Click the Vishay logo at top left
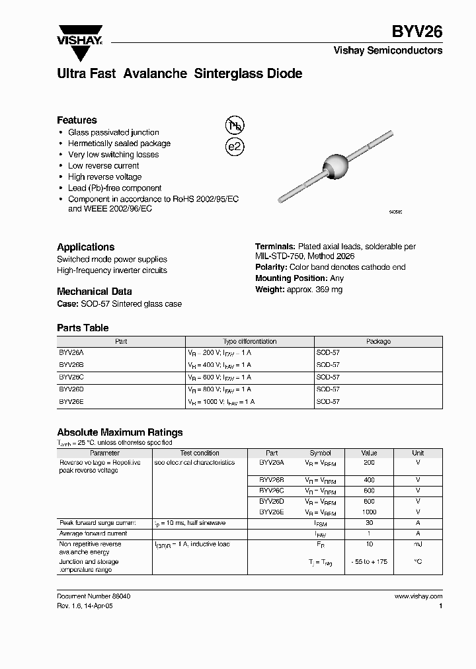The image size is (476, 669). pos(79,35)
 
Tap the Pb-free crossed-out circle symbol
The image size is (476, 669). pos(235,126)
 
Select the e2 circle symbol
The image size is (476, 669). pos(235,146)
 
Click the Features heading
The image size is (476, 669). pos(77,120)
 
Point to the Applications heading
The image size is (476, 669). pos(85,247)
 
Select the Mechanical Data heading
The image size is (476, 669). pos(94,291)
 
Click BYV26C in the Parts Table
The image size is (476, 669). pos(71,377)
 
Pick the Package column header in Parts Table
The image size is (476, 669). pos(378,341)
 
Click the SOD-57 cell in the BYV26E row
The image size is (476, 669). pos(328,401)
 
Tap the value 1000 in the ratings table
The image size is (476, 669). pos(369,512)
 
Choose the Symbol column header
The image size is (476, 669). pos(320,453)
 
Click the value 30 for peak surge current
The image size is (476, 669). pos(369,523)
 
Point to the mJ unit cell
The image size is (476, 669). pos(418,544)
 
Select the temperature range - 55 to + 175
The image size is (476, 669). pos(369,561)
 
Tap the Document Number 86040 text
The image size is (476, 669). pos(93,596)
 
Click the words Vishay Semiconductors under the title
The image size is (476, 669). pos(387,50)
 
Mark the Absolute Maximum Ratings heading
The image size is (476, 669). pos(120,432)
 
